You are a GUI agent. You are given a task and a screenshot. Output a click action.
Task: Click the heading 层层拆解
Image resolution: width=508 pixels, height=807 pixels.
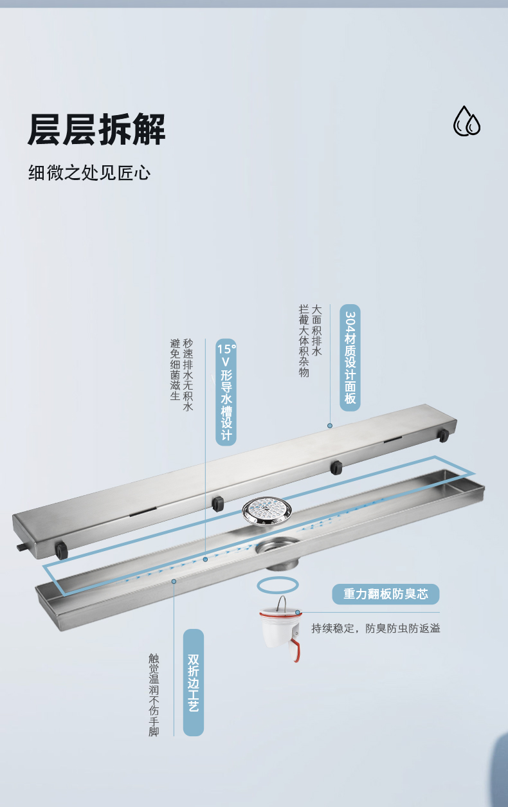[x=96, y=129]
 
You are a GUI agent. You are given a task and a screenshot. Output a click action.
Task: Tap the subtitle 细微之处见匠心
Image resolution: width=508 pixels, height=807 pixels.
[x=89, y=172]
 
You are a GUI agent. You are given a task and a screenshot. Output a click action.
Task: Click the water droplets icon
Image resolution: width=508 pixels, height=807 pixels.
[x=467, y=121]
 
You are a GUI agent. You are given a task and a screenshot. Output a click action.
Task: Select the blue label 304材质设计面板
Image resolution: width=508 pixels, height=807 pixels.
[x=350, y=358]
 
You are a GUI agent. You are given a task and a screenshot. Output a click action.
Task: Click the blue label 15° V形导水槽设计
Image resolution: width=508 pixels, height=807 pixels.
[x=226, y=392]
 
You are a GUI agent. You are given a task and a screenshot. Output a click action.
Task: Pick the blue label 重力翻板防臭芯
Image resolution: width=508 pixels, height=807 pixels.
[x=386, y=594]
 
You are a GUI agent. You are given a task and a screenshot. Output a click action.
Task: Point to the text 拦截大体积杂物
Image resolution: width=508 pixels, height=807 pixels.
[x=304, y=341]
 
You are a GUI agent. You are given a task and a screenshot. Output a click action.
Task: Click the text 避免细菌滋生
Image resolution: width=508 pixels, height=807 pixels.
[x=175, y=369]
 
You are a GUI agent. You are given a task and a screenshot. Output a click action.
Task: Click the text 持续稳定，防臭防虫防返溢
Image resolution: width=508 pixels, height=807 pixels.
[x=376, y=628]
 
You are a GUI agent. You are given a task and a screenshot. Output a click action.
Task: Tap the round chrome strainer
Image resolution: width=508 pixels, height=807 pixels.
[x=267, y=511]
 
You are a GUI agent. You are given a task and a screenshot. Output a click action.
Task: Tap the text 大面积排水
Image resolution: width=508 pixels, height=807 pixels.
[x=316, y=331]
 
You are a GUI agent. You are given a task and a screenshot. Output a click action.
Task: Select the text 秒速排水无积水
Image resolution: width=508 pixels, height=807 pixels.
[x=188, y=375]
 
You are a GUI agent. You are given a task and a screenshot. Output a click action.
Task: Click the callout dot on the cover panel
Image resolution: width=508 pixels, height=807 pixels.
[x=330, y=426]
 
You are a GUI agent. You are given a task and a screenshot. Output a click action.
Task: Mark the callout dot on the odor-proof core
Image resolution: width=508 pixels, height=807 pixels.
[x=298, y=612]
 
